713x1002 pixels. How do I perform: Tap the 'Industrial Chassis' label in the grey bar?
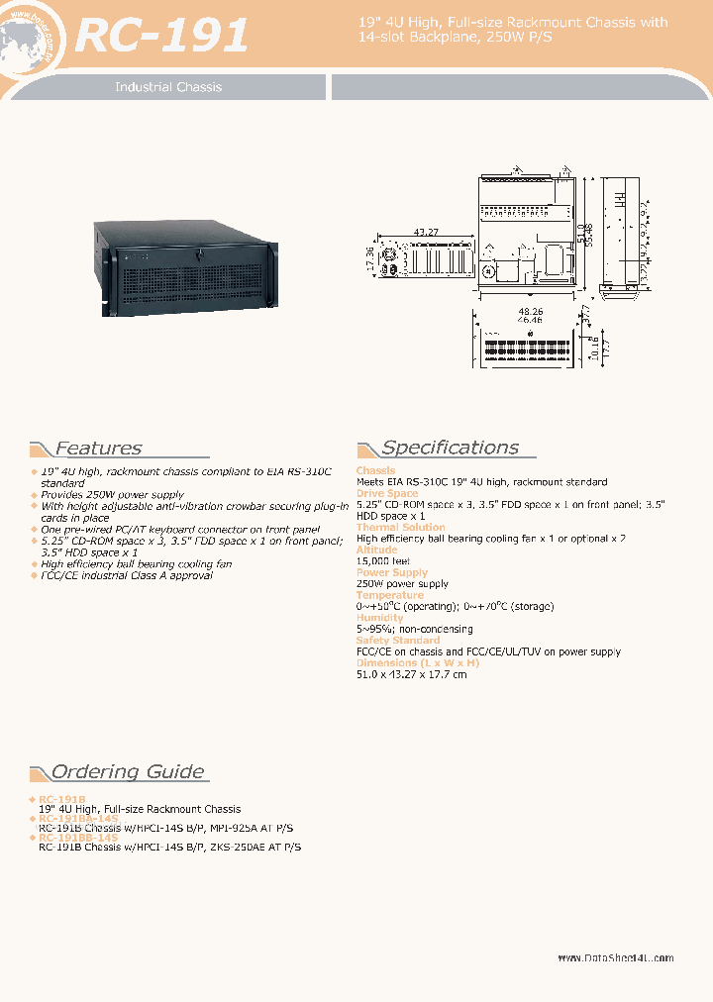coord(168,87)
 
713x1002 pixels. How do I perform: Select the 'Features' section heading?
coord(98,449)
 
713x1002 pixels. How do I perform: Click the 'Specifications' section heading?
coord(450,448)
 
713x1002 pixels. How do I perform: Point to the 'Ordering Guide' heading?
coord(128,772)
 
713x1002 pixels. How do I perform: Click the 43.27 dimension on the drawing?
coord(427,232)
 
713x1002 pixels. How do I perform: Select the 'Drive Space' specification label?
coord(387,493)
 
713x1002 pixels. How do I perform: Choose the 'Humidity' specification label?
coord(381,618)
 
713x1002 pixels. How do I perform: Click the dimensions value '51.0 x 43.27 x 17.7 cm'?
coord(411,674)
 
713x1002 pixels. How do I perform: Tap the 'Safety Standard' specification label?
coord(397,641)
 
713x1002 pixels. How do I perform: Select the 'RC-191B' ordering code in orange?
coord(61,798)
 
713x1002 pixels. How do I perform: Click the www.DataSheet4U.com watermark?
coord(615,958)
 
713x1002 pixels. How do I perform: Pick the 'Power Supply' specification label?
coord(391,572)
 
